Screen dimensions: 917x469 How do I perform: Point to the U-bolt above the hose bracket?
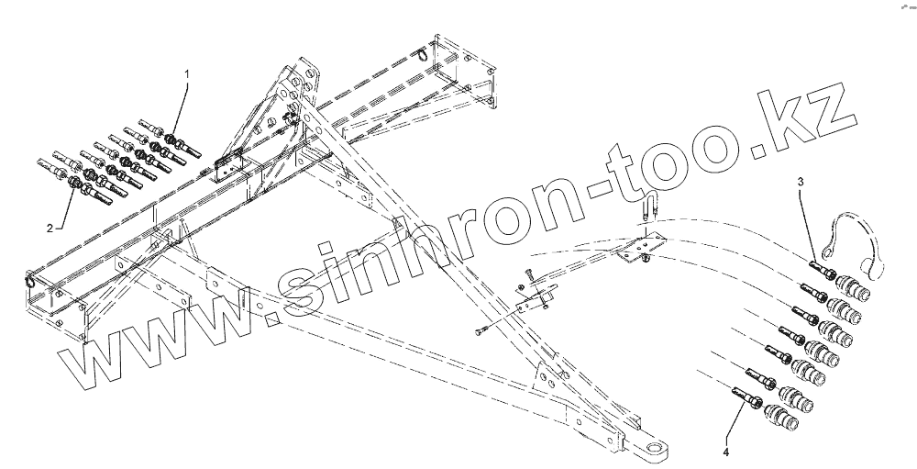649,209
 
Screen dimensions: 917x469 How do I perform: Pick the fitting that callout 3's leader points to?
822,268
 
